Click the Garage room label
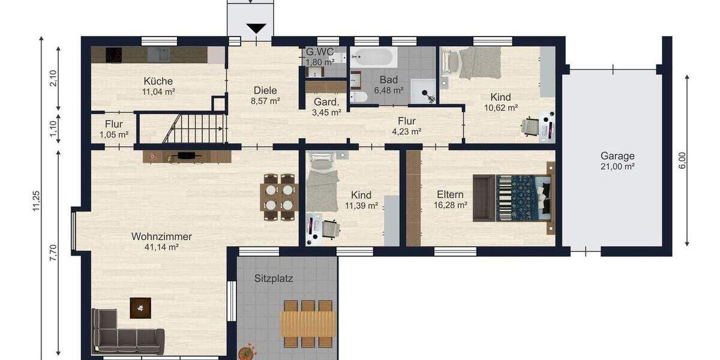click(617, 156)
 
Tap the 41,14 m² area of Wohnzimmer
click(161, 247)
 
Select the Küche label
click(158, 81)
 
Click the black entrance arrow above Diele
click(256, 28)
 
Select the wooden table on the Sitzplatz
click(308, 324)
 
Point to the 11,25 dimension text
click(37, 200)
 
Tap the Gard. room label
click(327, 101)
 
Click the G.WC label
click(320, 52)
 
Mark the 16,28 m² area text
click(451, 205)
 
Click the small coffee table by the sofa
click(140, 308)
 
